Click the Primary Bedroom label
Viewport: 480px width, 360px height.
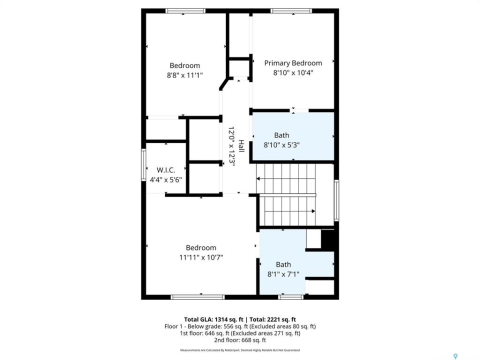[293, 63]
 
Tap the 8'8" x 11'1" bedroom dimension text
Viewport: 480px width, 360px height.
[185, 75]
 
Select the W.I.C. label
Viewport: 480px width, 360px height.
[166, 170]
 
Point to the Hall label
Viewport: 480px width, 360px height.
[241, 146]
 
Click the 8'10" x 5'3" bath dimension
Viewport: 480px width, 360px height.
[281, 145]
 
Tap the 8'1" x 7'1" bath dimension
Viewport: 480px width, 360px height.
[283, 274]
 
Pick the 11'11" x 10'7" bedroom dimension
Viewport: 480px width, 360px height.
[201, 257]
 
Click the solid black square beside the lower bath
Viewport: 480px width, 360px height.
[327, 239]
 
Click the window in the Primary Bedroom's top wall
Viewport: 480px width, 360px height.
[291, 11]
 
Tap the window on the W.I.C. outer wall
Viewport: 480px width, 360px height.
[143, 164]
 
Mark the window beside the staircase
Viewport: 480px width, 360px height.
[336, 200]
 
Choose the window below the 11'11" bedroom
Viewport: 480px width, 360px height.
[197, 297]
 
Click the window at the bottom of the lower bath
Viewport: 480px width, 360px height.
[291, 297]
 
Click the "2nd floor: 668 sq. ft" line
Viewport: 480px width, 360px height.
[240, 340]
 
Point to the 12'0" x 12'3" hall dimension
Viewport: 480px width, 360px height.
[231, 146]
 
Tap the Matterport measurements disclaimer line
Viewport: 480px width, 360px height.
[240, 350]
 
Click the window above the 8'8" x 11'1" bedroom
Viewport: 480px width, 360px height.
[185, 11]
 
